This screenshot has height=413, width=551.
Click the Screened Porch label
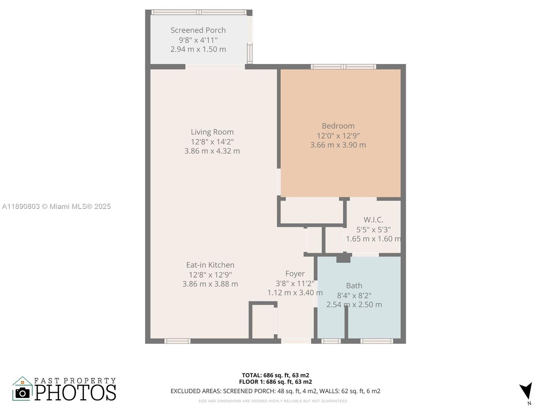coord(198,30)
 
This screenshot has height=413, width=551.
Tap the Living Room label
coord(212,132)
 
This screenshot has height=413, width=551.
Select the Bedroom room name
coord(338,126)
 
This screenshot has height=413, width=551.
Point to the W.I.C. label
coord(373,220)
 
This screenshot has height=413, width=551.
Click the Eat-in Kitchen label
coord(210,265)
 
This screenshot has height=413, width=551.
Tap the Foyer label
coord(295,274)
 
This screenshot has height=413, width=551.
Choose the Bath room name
coord(354,286)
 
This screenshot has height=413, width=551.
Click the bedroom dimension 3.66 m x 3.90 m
coord(338,145)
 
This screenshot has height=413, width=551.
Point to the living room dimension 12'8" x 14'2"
coord(212,142)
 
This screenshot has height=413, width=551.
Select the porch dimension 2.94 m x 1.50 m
coord(198,49)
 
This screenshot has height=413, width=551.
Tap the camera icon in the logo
coord(22,393)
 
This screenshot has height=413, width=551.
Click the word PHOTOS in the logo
coord(75,392)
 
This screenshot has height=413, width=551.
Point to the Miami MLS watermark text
coord(56,206)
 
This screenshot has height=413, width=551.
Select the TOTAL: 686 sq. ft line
coord(275,375)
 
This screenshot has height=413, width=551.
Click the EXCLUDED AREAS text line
coord(275,391)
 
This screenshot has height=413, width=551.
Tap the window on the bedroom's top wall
coord(343,67)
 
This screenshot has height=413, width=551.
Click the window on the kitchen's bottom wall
coord(177,341)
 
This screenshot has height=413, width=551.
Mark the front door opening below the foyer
coord(296,341)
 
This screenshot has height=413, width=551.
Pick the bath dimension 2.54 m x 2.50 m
coord(354,305)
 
